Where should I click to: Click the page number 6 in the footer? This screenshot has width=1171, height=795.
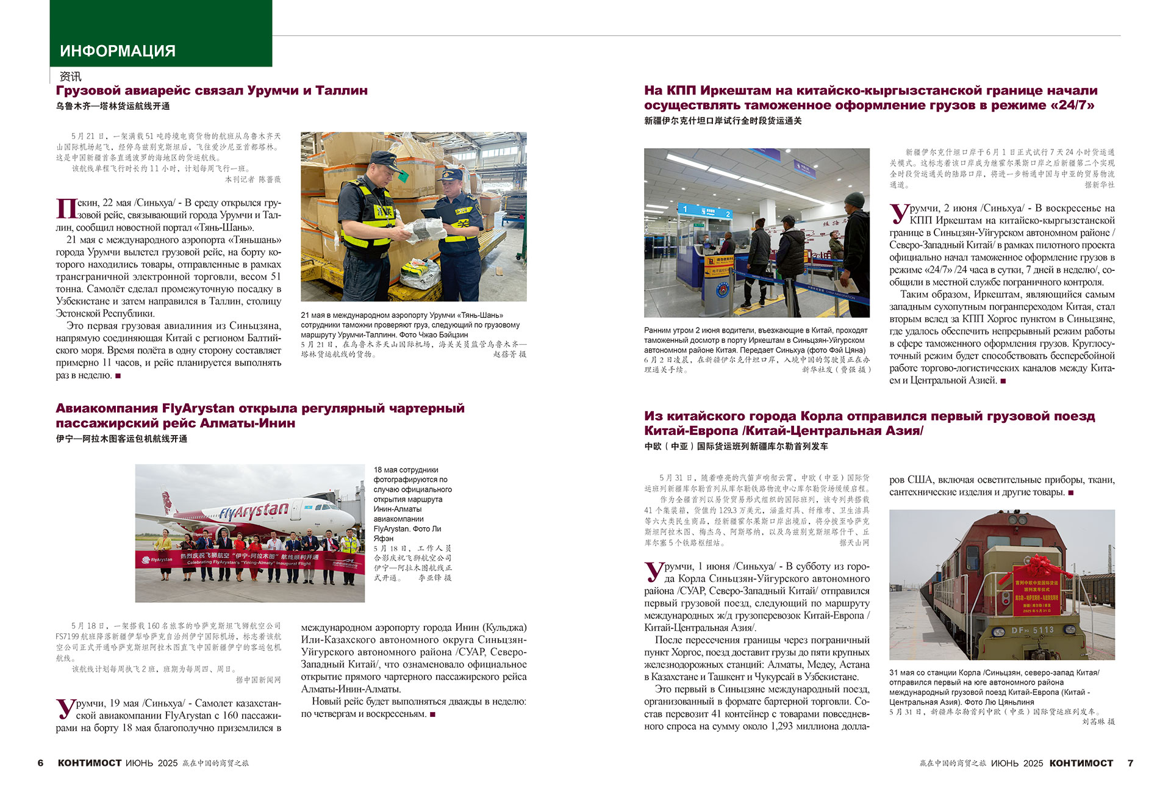[x=41, y=763]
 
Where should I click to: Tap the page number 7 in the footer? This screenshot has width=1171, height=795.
[x=1130, y=763]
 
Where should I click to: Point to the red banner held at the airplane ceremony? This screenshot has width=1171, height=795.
[x=249, y=559]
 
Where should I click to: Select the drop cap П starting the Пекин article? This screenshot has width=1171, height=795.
[x=66, y=208]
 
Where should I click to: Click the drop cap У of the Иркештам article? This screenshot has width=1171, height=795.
[x=898, y=214]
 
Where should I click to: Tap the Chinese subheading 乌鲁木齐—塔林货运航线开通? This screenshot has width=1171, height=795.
[x=113, y=106]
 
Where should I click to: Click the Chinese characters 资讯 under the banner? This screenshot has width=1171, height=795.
[x=70, y=77]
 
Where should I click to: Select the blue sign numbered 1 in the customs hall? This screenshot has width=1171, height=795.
[x=685, y=209]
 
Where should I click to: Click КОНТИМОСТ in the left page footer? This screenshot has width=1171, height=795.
[x=90, y=763]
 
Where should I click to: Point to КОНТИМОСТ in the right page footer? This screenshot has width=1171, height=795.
[x=1081, y=763]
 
